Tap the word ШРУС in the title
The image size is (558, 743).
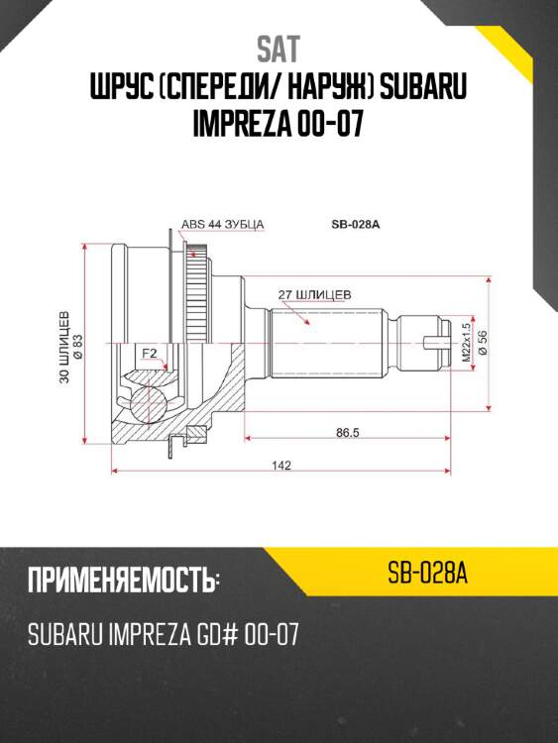point(122,89)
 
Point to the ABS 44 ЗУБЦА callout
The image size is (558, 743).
point(222,225)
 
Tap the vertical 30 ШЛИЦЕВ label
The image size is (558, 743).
point(64,347)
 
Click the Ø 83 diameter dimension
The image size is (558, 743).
point(78,347)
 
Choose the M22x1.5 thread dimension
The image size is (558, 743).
point(465,343)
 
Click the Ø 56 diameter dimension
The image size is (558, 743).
point(482,343)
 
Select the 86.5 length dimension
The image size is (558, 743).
point(345,433)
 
